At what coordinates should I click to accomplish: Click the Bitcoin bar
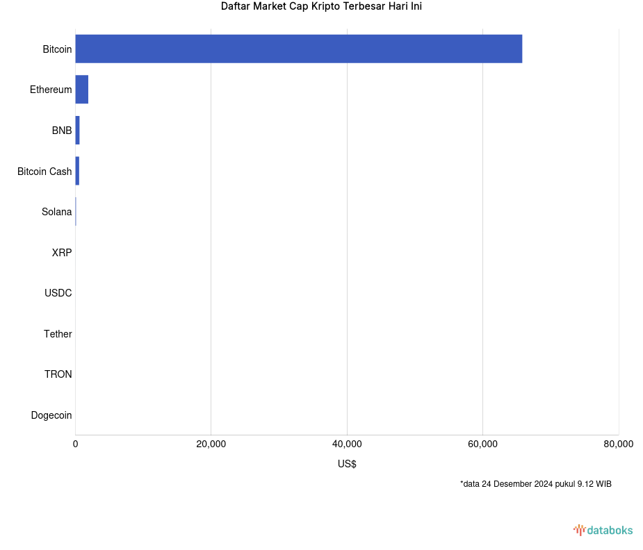299,49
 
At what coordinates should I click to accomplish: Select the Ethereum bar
82,90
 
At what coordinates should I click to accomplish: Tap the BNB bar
77,131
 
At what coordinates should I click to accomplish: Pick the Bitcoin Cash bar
77,171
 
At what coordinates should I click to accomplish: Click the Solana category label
56,212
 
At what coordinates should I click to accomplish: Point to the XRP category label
62,253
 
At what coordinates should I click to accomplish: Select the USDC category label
58,293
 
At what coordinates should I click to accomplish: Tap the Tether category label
58,334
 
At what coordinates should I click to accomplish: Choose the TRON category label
58,374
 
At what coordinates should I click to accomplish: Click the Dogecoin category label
51,415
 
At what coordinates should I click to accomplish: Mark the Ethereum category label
51,90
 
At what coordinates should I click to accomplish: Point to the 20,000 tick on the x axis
211,444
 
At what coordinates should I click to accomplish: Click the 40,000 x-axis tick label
347,444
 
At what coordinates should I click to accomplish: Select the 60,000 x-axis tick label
483,444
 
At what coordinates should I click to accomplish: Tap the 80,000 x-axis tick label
618,444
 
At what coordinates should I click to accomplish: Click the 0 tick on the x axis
76,444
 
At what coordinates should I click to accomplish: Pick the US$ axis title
347,464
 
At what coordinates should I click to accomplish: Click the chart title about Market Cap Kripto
321,6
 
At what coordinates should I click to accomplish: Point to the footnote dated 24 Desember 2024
535,484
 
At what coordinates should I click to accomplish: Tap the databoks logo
603,531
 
